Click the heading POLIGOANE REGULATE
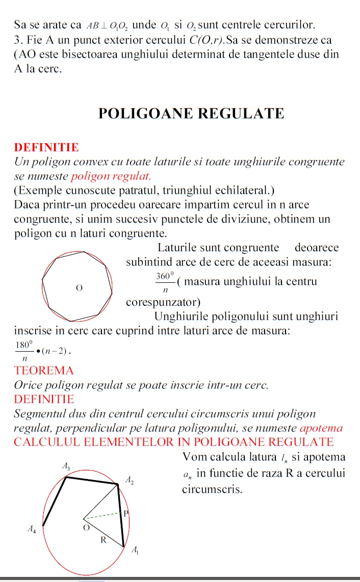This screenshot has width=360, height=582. coord(191,113)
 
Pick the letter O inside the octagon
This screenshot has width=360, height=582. coord(79,288)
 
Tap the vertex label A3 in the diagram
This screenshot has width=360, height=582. coord(67,465)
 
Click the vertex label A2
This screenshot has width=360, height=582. coord(130,480)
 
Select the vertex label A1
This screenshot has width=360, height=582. coord(135,550)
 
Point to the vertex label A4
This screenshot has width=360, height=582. coord(32,530)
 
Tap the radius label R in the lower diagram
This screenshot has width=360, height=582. coord(102,539)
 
